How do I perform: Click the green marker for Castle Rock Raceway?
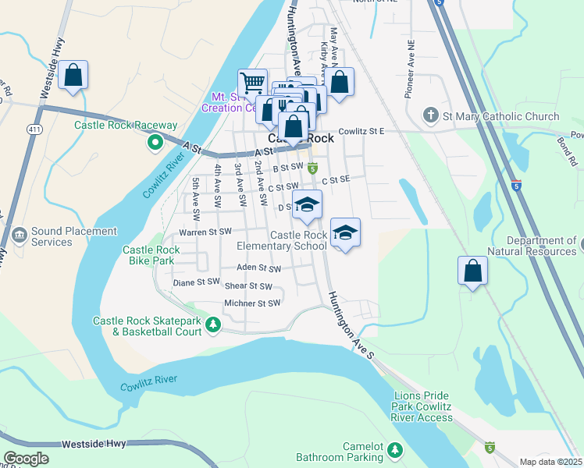[155, 142]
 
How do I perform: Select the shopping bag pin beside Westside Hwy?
[73, 76]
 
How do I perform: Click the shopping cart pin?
[251, 83]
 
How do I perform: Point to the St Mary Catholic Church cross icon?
[429, 116]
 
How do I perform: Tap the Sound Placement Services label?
[74, 237]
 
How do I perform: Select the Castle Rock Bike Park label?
[151, 255]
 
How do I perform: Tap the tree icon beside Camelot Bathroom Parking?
[395, 450]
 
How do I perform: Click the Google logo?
[26, 458]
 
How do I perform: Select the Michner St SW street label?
[251, 303]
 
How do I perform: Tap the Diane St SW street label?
[197, 282]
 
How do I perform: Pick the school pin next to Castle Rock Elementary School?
[345, 232]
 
